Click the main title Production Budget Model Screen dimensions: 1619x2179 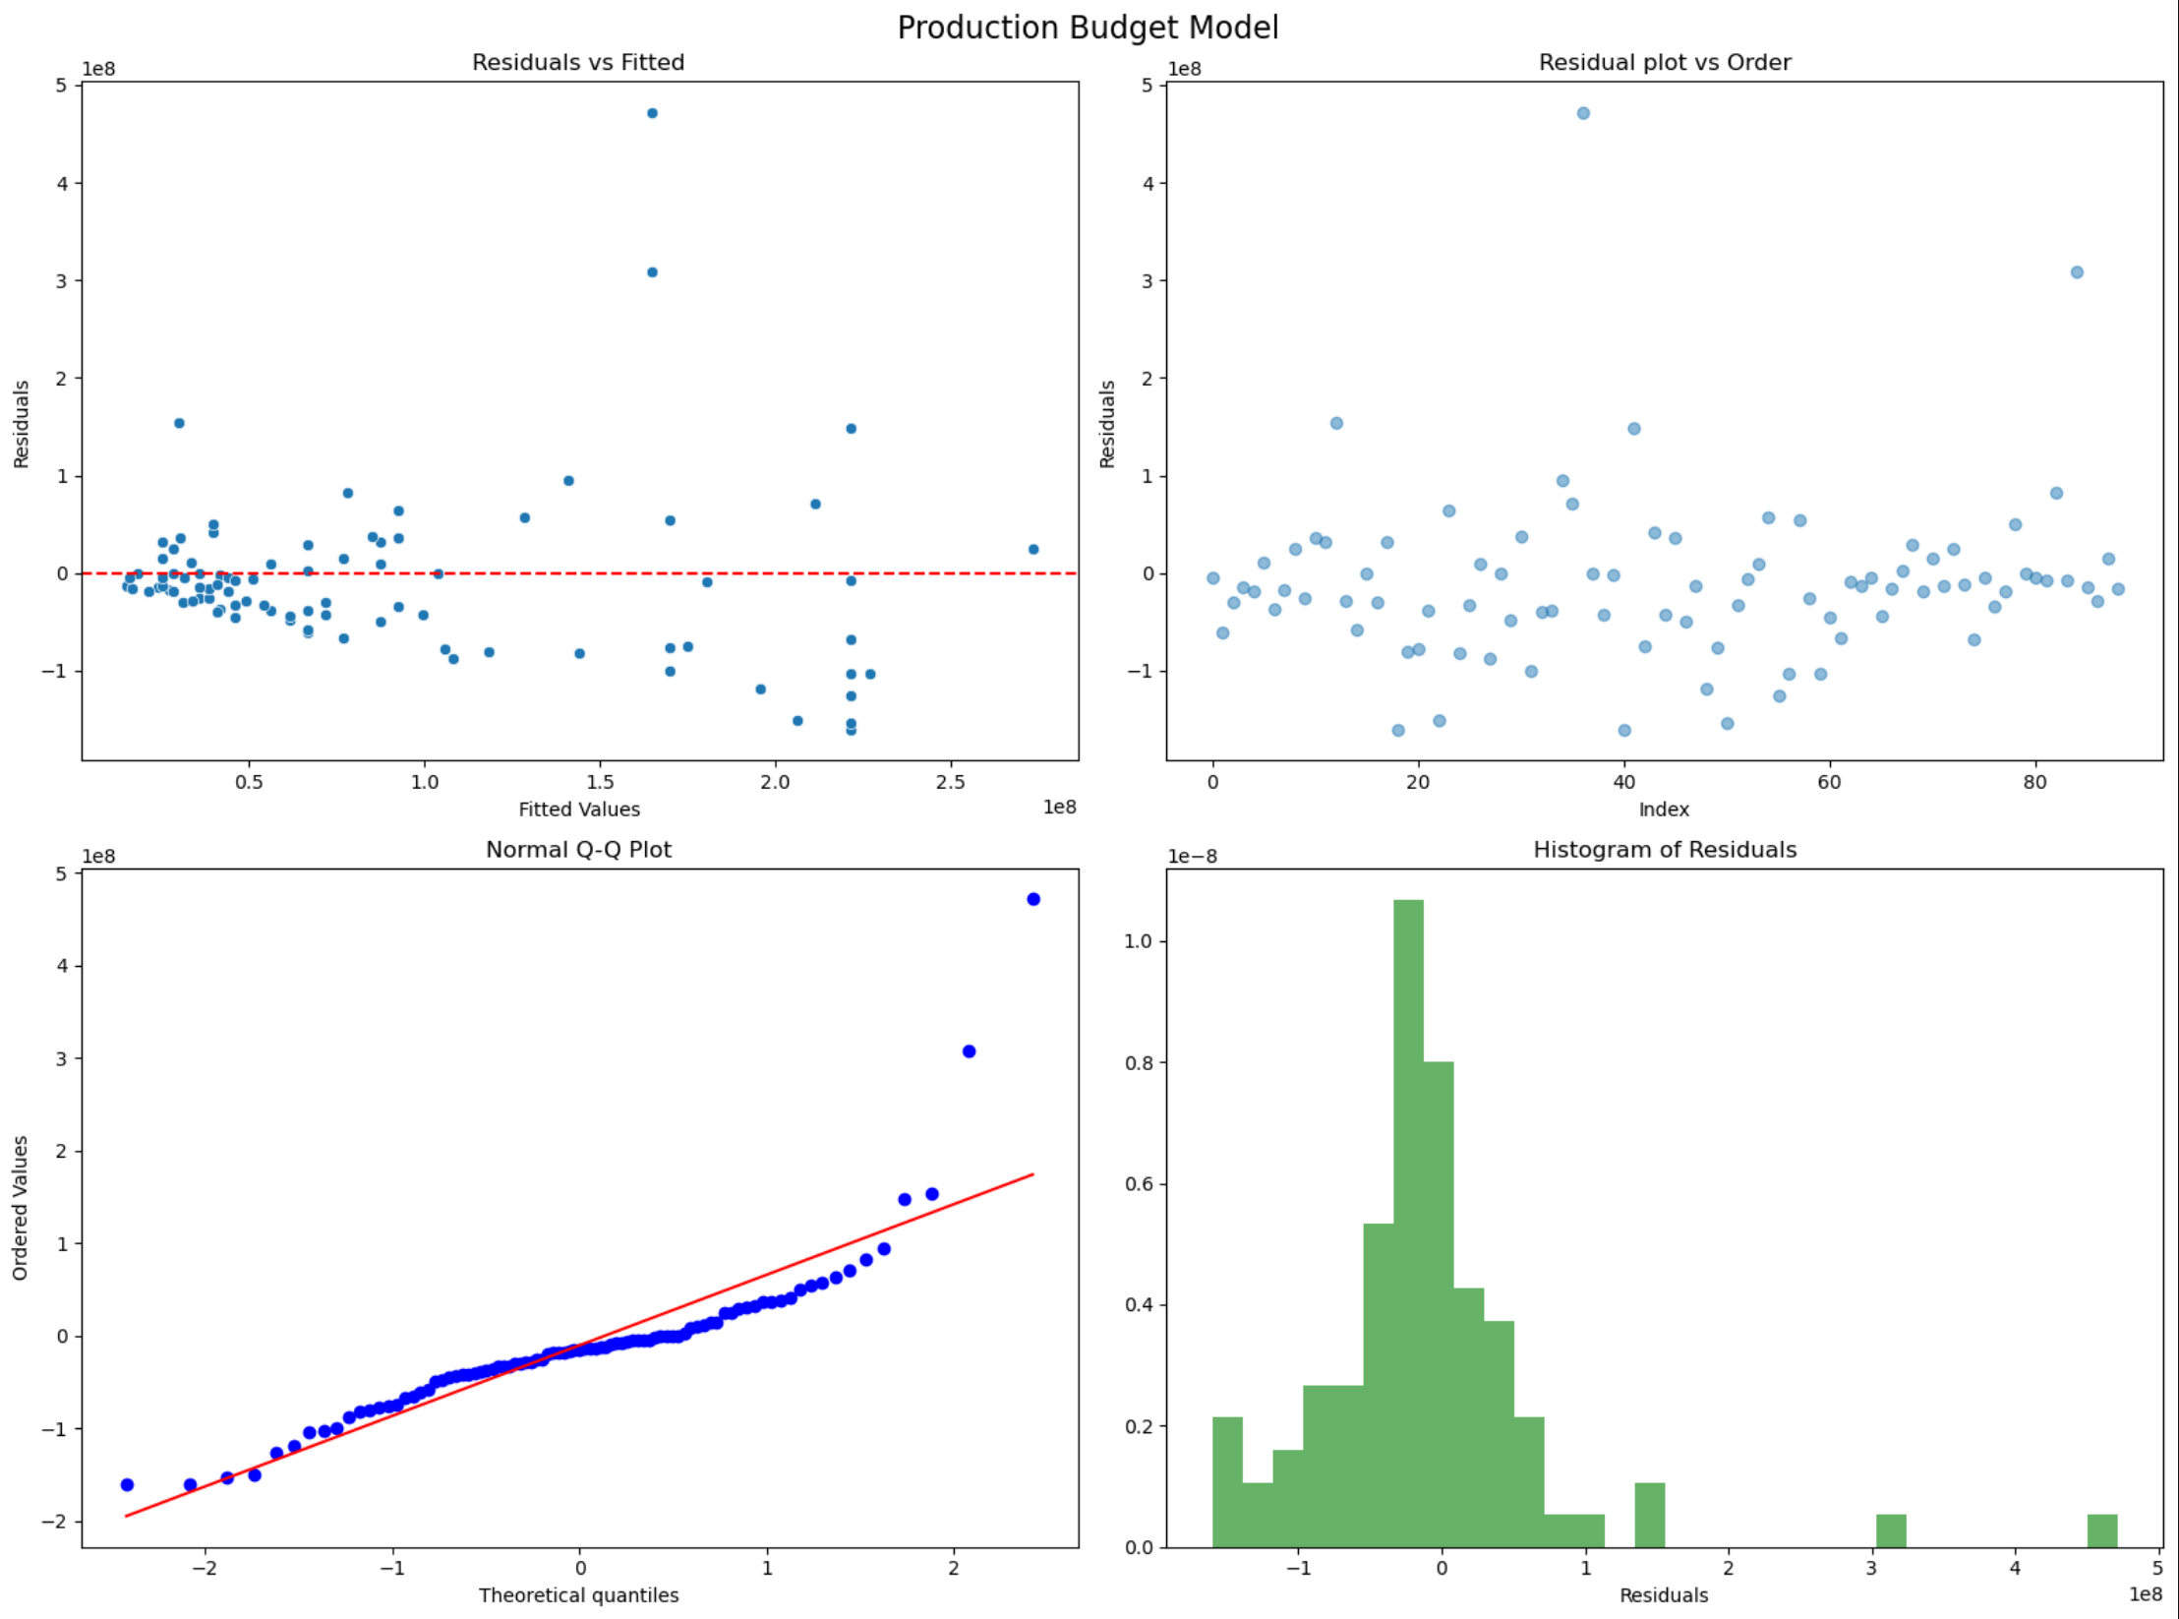pos(1088,28)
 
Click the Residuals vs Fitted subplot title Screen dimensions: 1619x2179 pos(578,62)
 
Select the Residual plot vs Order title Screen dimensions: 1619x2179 pos(1664,62)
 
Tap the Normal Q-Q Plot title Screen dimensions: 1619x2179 pos(578,849)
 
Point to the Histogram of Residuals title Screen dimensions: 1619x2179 pos(1664,849)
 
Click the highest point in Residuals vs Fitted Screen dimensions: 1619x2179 pos(652,113)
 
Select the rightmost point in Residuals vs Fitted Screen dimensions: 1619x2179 pos(1033,549)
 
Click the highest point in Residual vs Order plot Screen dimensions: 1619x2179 pos(1583,113)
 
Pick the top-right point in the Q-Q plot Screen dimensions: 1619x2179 pos(1033,899)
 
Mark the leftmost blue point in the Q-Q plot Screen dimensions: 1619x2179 pos(127,1484)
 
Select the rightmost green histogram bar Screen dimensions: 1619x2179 pos(2102,1530)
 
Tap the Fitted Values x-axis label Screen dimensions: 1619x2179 pos(579,809)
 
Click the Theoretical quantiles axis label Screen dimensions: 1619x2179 pos(578,1595)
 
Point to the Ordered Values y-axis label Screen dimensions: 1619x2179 pos(21,1208)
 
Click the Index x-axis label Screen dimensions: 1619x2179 pos(1664,809)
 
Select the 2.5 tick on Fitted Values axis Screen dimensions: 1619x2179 pos(951,783)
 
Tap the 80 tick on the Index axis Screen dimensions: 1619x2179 pos(2034,783)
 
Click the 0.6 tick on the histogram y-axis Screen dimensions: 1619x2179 pos(1139,1184)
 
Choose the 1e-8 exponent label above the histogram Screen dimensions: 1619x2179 pos(1192,857)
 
